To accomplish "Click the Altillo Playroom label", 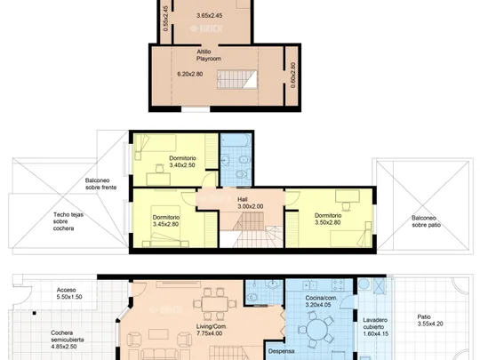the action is click(209, 55).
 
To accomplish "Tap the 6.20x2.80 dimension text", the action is click(190, 74).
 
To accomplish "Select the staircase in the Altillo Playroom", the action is click(237, 80).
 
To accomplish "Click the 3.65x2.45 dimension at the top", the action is click(210, 15).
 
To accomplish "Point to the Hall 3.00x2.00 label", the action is click(251, 203).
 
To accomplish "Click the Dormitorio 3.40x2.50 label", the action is click(182, 162).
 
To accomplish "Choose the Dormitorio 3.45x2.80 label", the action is click(166, 220).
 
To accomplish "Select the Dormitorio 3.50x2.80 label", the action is click(328, 219).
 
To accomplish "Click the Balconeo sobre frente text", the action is click(100, 184).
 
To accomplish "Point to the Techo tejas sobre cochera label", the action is click(68, 221).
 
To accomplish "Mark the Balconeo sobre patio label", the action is click(426, 221).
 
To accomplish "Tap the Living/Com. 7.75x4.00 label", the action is click(212, 330).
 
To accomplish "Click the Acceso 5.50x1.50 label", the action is click(69, 293).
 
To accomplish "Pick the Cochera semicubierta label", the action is click(67, 340).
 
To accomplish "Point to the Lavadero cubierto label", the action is click(376, 326).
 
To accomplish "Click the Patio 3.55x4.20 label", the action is click(430, 320).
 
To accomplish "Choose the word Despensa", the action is click(281, 351).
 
